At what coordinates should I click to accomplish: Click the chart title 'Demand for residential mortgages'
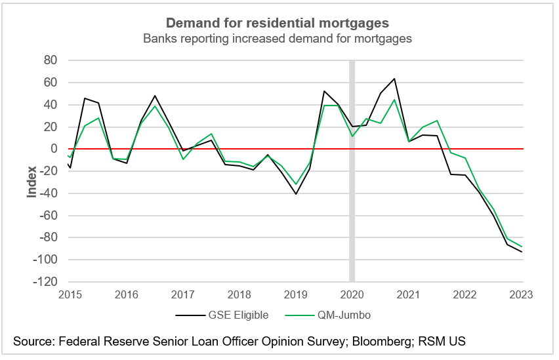(x=278, y=23)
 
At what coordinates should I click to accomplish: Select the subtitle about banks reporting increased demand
(x=278, y=38)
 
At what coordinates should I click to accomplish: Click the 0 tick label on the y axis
(x=55, y=149)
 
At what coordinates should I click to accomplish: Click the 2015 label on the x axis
(x=70, y=294)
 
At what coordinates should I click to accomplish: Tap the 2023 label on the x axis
(x=522, y=294)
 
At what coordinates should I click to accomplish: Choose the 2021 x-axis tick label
(x=409, y=294)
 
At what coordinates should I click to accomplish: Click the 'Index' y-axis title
(x=31, y=184)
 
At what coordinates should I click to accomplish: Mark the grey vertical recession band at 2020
(x=352, y=170)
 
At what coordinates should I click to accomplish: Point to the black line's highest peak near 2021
(x=394, y=79)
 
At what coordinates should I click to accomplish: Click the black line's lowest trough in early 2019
(x=296, y=194)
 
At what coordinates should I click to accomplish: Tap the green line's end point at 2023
(x=522, y=247)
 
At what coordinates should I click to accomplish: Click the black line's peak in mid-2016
(x=155, y=96)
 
